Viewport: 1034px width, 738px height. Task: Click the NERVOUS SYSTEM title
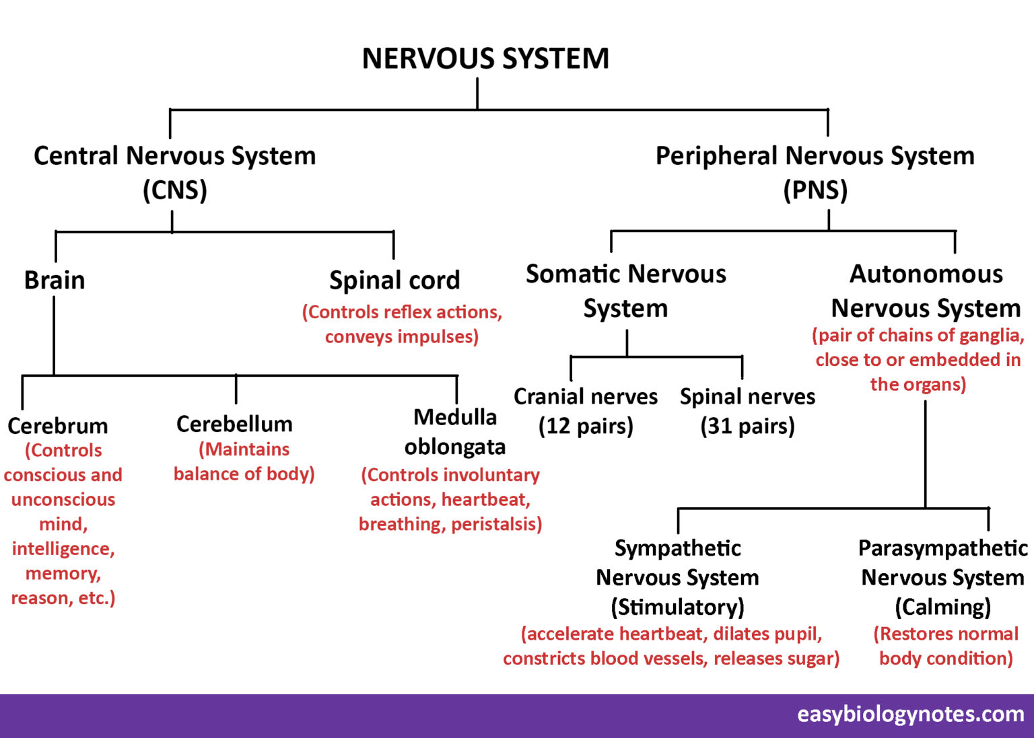485,59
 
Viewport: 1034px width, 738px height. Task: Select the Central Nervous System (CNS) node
175,172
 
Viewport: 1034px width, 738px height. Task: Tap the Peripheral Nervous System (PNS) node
815,172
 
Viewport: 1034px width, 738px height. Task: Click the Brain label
55,280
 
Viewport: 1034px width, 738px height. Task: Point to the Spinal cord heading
394,280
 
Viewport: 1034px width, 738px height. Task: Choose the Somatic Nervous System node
626,291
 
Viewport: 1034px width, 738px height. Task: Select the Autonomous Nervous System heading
926,291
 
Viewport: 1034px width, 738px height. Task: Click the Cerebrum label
58,426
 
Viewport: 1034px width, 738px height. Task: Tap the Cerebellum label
234,424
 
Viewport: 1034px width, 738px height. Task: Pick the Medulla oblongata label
455,432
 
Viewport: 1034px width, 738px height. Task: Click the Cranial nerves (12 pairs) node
586,411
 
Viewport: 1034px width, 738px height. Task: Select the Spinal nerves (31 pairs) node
747,411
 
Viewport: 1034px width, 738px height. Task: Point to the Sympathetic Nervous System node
678,577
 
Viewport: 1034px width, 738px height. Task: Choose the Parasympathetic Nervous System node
942,577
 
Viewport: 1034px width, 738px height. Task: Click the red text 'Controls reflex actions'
403,312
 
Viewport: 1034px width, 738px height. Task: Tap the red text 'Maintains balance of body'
244,462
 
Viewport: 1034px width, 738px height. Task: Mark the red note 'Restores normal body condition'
946,646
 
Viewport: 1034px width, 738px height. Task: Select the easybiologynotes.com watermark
911,714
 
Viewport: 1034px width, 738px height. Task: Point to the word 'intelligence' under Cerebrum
63,549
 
